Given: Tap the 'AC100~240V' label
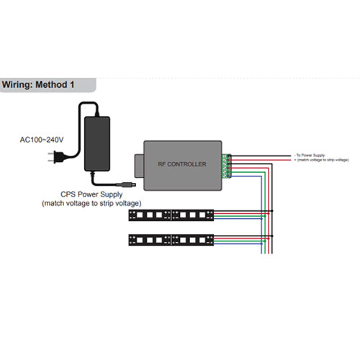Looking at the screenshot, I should point(42,140).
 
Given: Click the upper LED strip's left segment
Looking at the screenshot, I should point(150,215).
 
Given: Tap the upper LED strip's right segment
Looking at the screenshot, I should point(194,215).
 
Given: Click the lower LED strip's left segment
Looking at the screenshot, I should point(150,239).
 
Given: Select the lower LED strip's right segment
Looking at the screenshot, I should point(194,239).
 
